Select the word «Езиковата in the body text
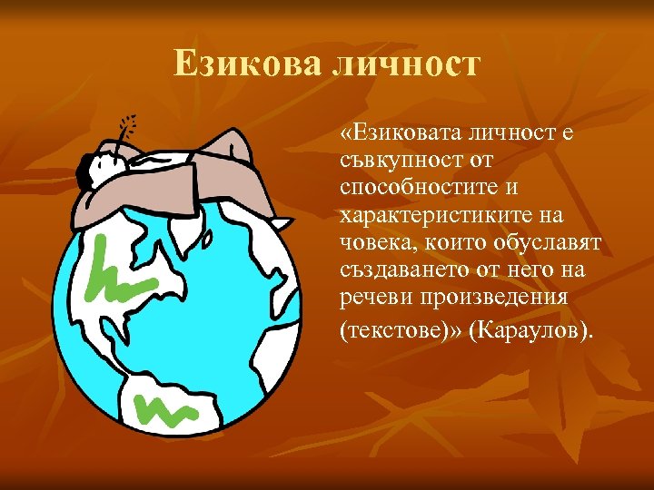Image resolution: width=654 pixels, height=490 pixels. click(x=407, y=136)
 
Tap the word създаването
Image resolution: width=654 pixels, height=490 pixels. click(x=400, y=273)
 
